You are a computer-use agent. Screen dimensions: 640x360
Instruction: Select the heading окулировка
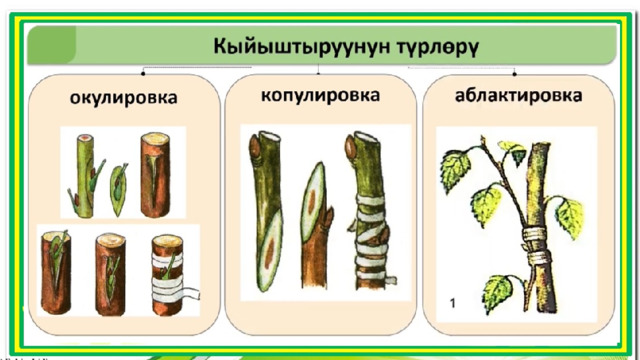tap(124, 98)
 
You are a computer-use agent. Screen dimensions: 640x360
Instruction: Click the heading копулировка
tap(320, 96)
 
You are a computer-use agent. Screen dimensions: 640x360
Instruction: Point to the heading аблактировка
tap(518, 96)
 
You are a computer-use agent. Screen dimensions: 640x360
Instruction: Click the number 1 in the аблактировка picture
tap(452, 303)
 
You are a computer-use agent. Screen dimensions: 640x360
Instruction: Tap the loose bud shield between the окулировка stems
tap(118, 190)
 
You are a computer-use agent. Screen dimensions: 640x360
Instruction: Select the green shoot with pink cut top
tap(85, 176)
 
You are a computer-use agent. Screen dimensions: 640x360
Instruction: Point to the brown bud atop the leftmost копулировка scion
tap(255, 148)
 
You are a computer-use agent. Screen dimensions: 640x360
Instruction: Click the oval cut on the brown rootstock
tap(313, 202)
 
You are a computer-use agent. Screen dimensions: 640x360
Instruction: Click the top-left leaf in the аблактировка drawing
tap(455, 168)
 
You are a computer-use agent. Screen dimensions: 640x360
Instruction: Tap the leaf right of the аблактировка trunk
tap(571, 218)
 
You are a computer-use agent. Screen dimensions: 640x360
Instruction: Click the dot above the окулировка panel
tap(143, 73)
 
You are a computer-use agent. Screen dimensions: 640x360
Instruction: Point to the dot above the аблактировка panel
tap(515, 74)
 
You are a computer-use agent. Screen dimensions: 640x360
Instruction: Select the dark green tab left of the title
tap(51, 44)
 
